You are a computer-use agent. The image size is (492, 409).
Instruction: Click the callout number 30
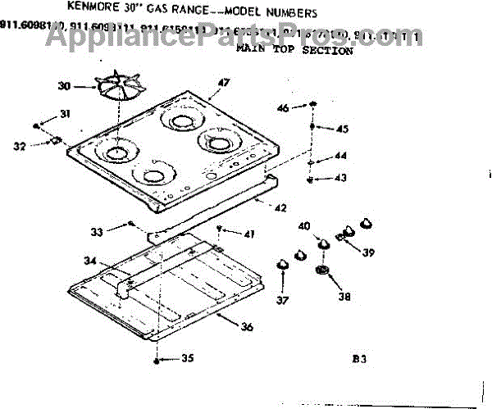click(65, 86)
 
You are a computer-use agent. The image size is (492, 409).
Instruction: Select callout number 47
click(224, 82)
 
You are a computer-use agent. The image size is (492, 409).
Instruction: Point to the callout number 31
click(66, 113)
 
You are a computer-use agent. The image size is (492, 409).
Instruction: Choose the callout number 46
click(282, 108)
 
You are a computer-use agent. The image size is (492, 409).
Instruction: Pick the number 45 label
click(342, 129)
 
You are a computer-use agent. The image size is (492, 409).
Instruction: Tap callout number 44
click(339, 156)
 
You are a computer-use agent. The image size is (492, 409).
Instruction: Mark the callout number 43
click(339, 178)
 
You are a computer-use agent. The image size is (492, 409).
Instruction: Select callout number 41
click(248, 234)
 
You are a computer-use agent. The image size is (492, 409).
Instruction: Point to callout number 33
click(97, 233)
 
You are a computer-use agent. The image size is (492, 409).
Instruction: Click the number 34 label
click(89, 261)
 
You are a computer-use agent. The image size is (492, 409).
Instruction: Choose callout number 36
click(247, 327)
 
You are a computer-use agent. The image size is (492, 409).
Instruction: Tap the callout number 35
click(188, 357)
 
